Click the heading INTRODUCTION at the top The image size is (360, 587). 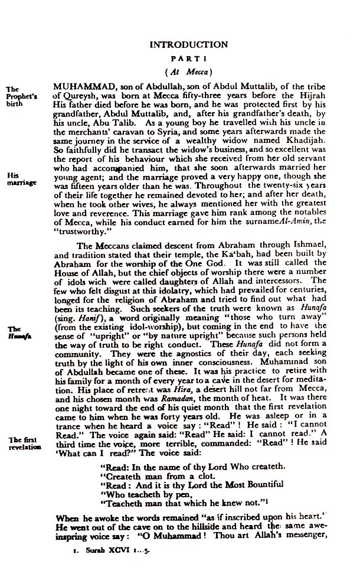188,44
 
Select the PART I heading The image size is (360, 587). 188,59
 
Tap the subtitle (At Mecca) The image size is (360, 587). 188,72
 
